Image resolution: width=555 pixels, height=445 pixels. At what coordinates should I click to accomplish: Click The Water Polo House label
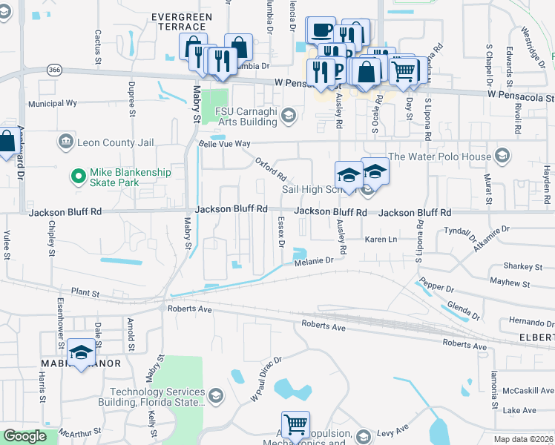point(439,156)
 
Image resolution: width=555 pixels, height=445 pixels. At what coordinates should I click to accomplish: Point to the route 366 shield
point(53,70)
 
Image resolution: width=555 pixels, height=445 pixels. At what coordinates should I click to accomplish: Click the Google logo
point(24,436)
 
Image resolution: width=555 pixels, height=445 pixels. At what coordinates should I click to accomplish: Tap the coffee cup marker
point(321,30)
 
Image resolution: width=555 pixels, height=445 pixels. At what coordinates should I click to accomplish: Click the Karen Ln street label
point(381,240)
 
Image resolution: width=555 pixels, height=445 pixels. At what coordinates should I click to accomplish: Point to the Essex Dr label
point(281,231)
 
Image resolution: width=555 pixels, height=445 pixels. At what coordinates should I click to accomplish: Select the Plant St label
point(85,293)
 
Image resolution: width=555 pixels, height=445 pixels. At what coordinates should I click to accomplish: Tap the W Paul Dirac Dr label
point(266,379)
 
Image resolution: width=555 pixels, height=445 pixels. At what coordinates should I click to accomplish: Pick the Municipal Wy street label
point(53,104)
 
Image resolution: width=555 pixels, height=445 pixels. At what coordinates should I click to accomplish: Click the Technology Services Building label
point(157,398)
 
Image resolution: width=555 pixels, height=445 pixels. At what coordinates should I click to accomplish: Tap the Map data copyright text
point(524,439)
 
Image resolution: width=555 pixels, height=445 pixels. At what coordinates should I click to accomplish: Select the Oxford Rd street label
point(271,169)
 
